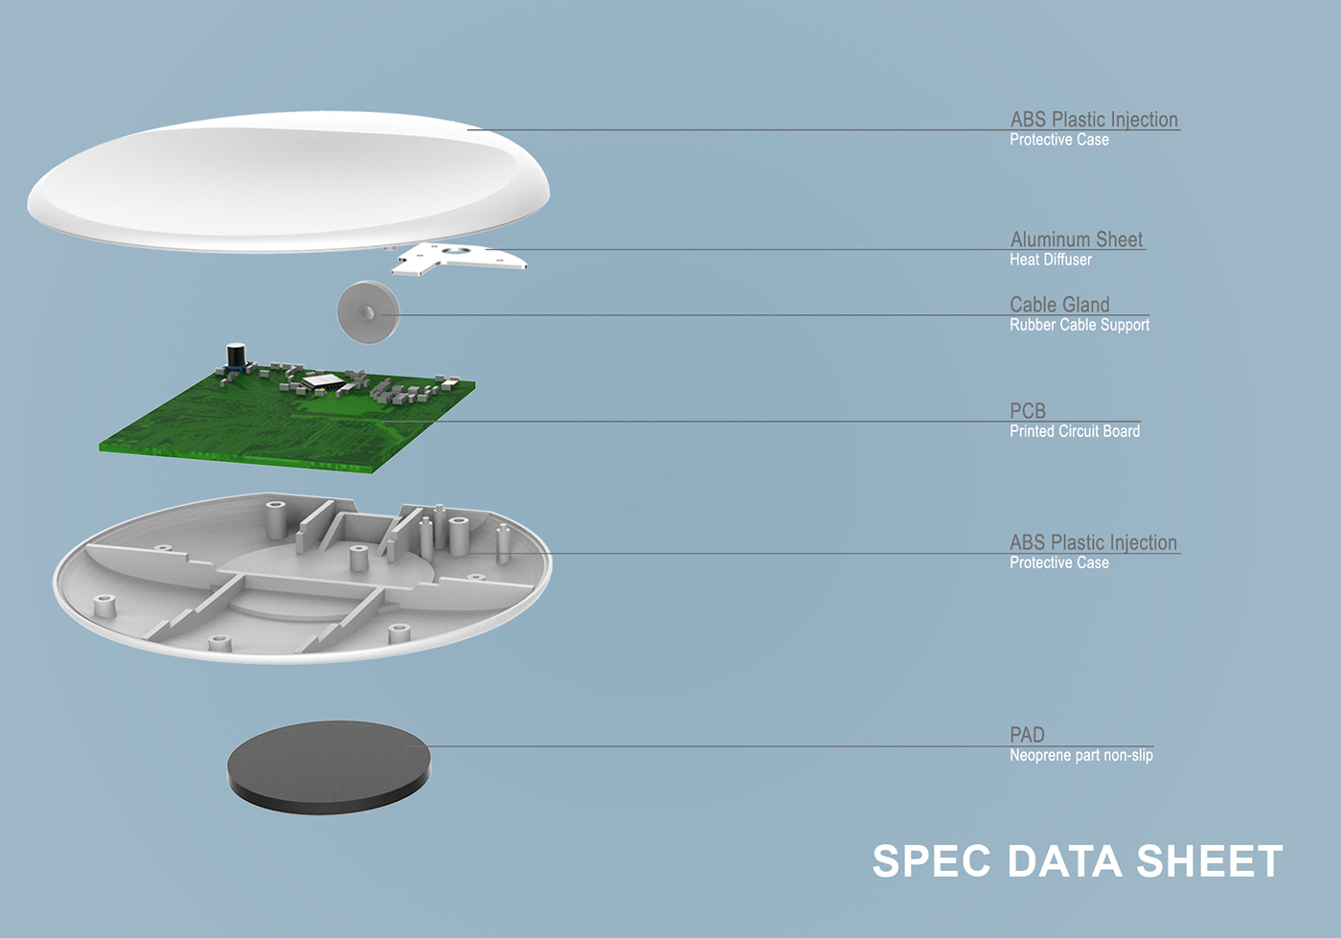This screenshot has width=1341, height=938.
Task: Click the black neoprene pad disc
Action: pos(328,767)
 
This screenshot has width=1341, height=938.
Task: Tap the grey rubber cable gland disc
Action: pos(368,312)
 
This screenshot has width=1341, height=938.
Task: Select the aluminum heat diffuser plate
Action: pos(459,259)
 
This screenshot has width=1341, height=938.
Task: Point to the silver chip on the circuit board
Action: pos(323,381)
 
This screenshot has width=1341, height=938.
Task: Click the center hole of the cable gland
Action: pos(368,312)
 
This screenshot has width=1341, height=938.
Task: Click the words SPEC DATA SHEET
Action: pos(1078,861)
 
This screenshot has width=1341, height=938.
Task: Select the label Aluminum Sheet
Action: pos(1077,239)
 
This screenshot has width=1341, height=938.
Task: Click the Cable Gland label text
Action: pos(1059,305)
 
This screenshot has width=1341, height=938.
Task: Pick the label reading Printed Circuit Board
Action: pos(1075,431)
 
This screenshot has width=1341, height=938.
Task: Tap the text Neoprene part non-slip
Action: pos(1081,755)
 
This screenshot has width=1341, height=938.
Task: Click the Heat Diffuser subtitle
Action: pos(1051,260)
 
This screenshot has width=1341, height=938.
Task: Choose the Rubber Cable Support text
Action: pos(1080,325)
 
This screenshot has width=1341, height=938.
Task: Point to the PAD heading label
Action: pos(1027,734)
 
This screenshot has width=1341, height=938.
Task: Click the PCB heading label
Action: pos(1027,411)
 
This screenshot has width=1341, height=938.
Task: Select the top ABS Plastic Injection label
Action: pos(1094,119)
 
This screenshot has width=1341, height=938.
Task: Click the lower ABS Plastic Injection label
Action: pos(1093,542)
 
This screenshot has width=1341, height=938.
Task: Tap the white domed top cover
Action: pos(288,181)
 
